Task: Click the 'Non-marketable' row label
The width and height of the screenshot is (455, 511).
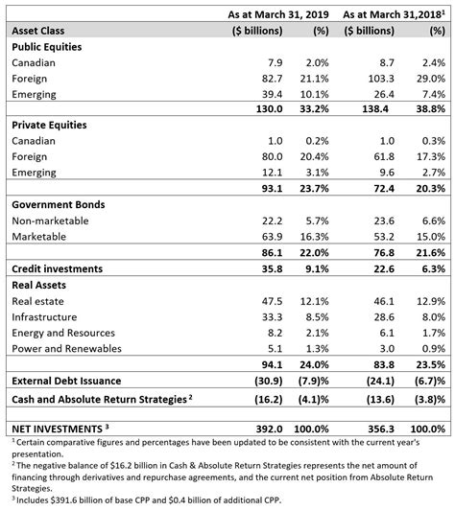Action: tap(50, 220)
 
